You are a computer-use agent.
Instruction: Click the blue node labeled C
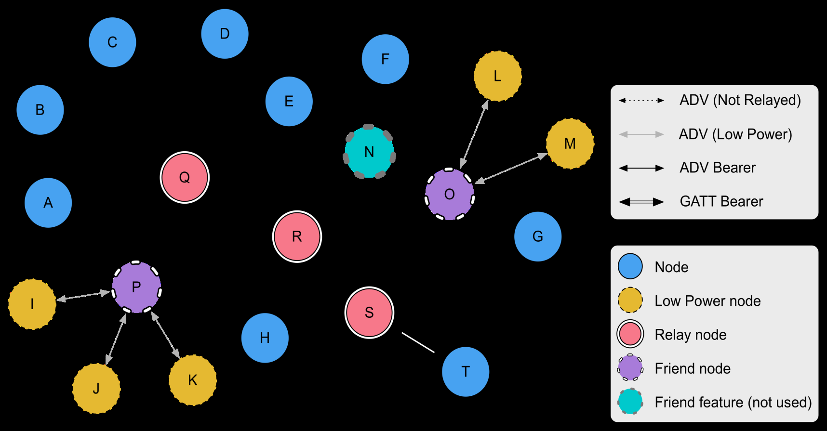[112, 42]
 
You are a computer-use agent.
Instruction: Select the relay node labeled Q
[185, 177]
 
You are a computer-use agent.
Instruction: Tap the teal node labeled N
[369, 152]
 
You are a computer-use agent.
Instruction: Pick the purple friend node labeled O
[450, 195]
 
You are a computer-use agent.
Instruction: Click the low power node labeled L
[498, 76]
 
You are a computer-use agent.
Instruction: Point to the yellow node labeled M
[570, 144]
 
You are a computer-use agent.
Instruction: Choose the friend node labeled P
[136, 287]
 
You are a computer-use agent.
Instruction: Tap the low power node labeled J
[96, 388]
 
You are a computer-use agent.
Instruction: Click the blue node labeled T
[466, 372]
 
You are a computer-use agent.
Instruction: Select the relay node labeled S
[369, 313]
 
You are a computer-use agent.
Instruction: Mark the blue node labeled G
[538, 236]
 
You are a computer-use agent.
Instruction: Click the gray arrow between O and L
[475, 134]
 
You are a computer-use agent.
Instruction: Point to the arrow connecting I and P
[83, 296]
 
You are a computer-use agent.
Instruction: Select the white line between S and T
[418, 342]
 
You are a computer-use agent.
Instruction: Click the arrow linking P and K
[165, 335]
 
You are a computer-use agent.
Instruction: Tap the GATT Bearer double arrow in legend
[641, 202]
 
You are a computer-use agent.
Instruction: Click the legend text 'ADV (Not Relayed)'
[740, 100]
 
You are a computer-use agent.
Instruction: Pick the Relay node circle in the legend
[630, 334]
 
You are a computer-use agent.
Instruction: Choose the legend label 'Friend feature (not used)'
[733, 402]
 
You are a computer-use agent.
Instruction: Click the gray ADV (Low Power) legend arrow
[641, 134]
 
